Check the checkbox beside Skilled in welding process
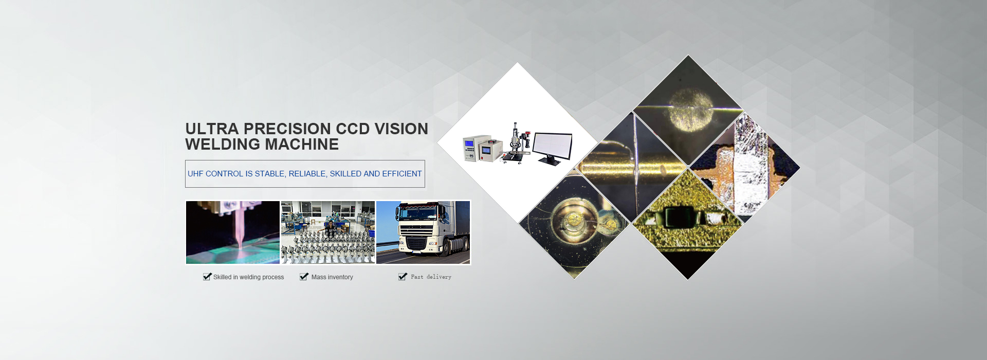tap(207, 277)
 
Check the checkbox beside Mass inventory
tap(304, 277)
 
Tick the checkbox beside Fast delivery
tap(403, 277)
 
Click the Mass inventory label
tap(332, 277)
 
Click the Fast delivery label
tap(431, 277)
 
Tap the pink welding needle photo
tap(233, 232)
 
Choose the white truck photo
tap(423, 232)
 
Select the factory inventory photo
tap(328, 232)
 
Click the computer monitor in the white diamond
tap(553, 148)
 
